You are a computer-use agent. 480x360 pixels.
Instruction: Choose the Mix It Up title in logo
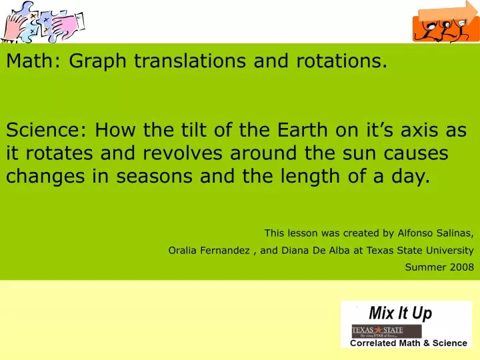(x=400, y=313)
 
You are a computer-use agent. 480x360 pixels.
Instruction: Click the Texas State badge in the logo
(x=387, y=331)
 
